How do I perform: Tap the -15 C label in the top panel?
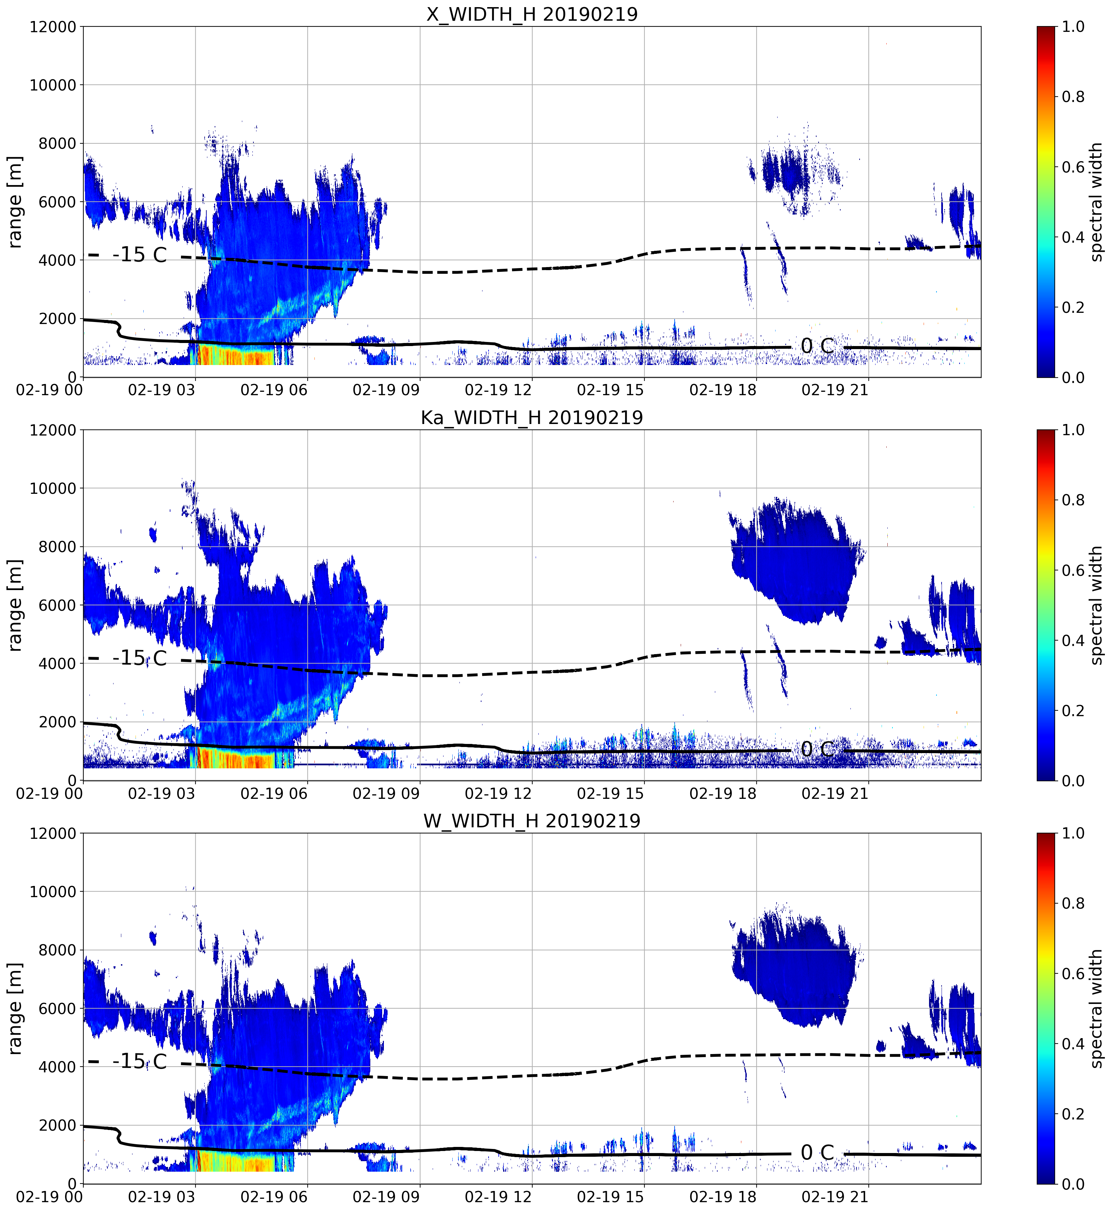pos(140,255)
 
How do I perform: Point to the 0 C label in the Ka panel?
pos(817,749)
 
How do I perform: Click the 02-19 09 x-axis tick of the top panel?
pos(386,390)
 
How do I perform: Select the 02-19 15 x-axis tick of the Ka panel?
pos(610,793)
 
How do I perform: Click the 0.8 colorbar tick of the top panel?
pos(1073,96)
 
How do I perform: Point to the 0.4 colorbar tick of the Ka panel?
pos(1073,640)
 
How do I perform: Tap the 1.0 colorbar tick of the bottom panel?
pos(1073,833)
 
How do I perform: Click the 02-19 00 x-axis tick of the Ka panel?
pos(49,793)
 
